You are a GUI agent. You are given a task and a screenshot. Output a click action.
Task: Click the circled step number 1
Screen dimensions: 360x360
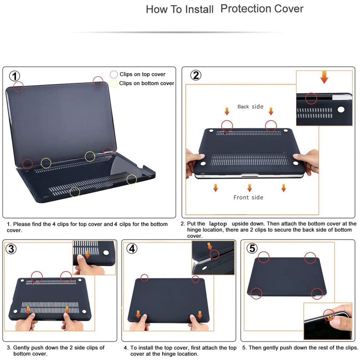[15, 76]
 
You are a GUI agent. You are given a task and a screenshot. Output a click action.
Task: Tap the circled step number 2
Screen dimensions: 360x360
[196, 75]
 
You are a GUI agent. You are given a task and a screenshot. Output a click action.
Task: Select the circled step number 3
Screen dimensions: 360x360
[11, 249]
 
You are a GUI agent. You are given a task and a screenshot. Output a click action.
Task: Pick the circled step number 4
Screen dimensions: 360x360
[132, 248]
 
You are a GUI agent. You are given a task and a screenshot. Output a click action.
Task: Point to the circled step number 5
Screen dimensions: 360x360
[252, 248]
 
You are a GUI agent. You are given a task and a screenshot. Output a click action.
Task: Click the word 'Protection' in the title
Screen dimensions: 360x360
[245, 9]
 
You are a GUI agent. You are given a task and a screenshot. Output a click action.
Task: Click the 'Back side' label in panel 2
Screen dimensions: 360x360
[250, 107]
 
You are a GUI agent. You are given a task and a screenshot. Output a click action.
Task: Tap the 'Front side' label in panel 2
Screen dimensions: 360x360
[248, 197]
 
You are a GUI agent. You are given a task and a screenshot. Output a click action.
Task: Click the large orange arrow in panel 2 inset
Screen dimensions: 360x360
[324, 77]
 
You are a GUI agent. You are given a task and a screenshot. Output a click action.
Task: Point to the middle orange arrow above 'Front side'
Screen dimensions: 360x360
[249, 188]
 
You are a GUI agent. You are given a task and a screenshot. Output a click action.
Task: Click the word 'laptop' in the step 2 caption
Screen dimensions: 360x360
[218, 224]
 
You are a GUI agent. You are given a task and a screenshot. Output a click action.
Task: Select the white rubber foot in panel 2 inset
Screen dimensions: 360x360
[341, 109]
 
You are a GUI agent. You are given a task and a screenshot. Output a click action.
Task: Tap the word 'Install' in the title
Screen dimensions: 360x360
[199, 9]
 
